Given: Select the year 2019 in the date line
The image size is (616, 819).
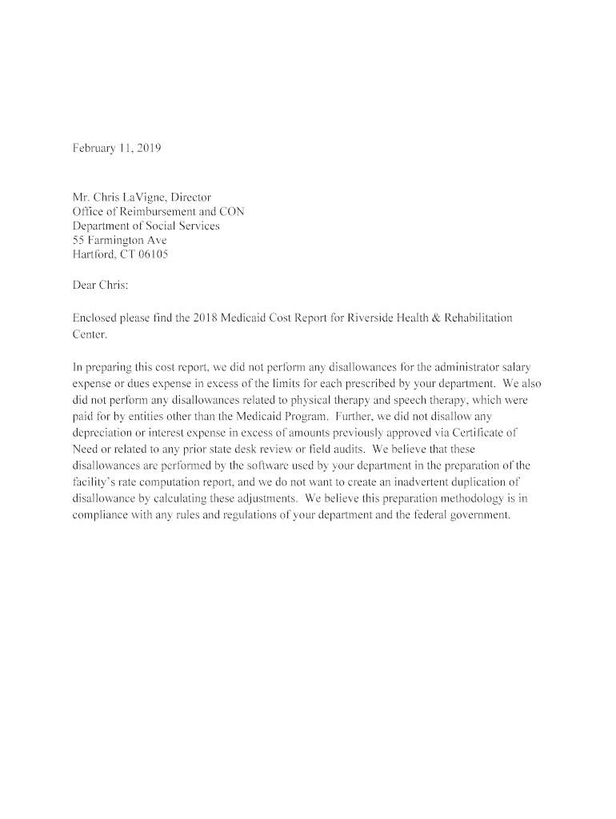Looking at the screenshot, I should (149, 148).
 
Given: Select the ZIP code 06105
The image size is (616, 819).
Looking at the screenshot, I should (152, 254).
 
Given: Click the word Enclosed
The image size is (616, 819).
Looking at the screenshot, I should (96, 318).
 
